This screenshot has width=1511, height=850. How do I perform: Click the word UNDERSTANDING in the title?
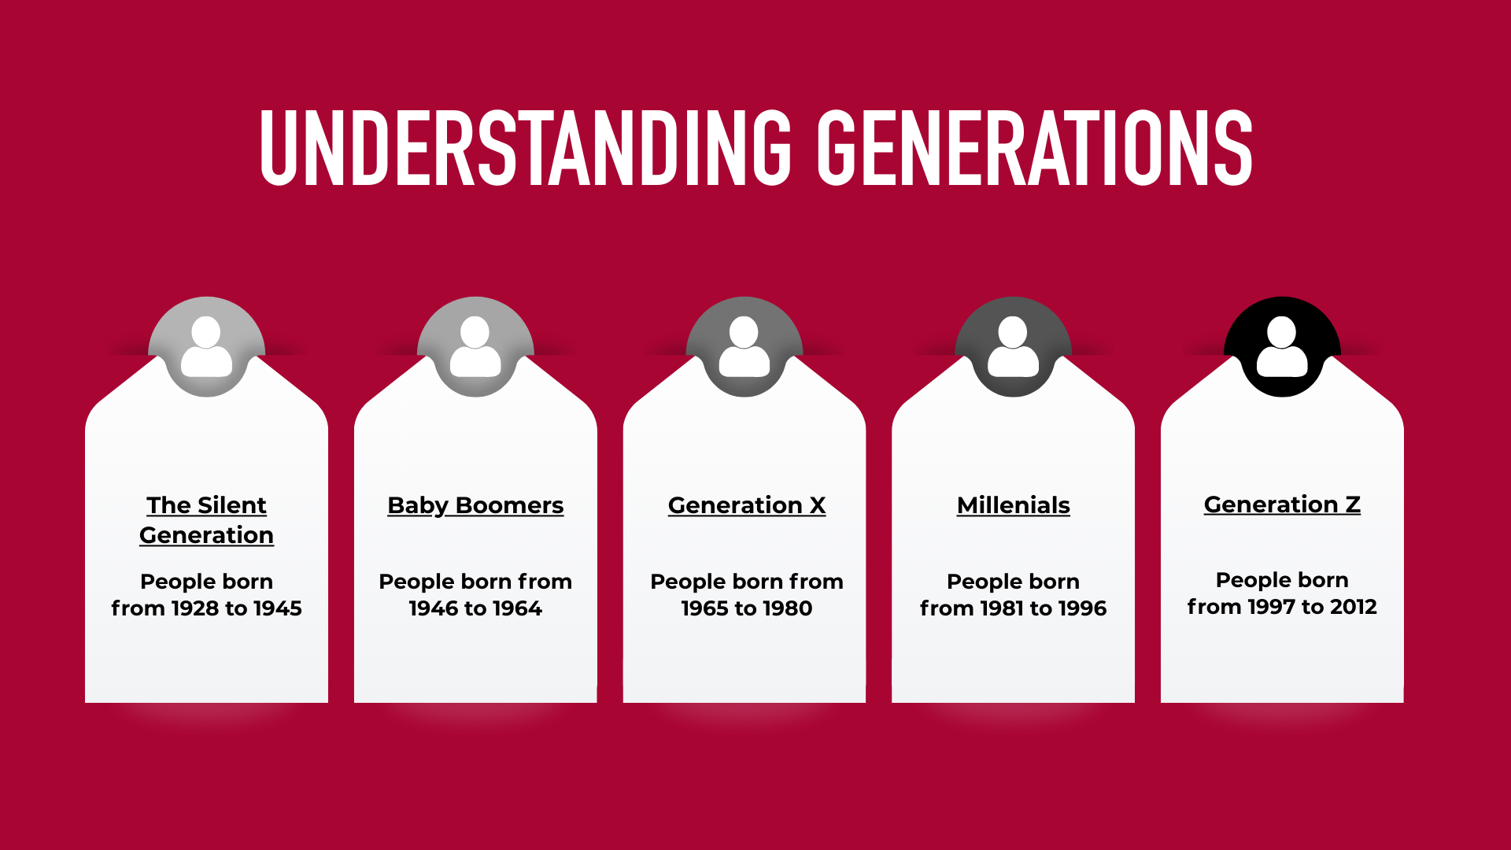pos(525,148)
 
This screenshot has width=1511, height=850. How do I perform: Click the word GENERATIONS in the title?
pos(1034,148)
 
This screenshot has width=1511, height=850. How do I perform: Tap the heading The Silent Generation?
pos(206,519)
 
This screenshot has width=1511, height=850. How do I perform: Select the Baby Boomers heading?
pos(475,505)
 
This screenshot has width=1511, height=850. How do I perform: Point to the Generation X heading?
pos(746,505)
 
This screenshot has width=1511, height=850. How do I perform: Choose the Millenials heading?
pos(1013,505)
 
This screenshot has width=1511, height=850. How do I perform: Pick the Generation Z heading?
pos(1282,504)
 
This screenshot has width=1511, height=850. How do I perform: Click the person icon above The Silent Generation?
pos(206,346)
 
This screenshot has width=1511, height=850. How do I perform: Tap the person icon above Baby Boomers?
pos(475,346)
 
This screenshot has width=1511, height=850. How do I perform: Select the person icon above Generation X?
pos(744,346)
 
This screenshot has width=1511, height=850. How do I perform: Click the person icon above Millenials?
pos(1013,346)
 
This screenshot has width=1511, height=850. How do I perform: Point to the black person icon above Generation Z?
pos(1282,346)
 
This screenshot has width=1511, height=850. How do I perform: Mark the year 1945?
pos(278,608)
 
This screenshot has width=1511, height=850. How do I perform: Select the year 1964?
pos(517,608)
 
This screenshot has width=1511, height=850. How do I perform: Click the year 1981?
pos(999,608)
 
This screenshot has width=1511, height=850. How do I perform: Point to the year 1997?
pos(1267,607)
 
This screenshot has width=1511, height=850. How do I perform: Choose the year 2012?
pos(1353,607)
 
